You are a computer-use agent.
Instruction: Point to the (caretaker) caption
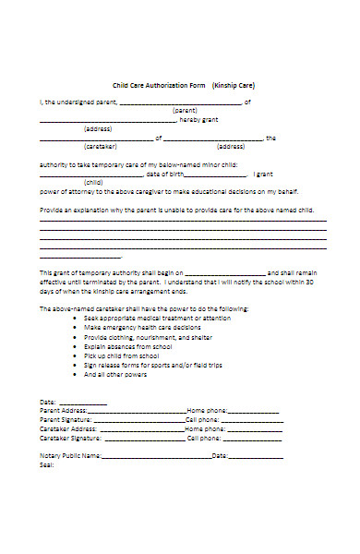pos(99,146)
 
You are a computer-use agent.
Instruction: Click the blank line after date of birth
pos(216,173)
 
